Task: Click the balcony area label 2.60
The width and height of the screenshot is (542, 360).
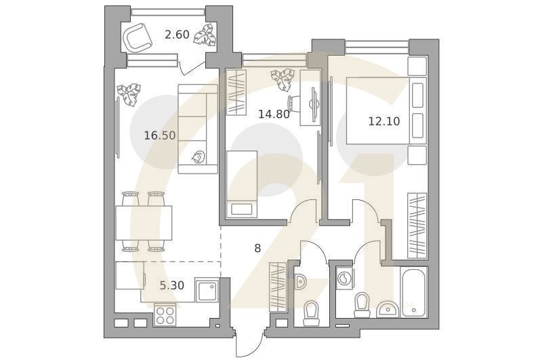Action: (177, 34)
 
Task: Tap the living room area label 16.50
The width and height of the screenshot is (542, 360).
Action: (159, 135)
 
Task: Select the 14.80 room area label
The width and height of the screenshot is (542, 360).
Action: (274, 114)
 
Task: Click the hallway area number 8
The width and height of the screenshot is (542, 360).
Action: (257, 248)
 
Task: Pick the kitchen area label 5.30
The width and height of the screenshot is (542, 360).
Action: (171, 285)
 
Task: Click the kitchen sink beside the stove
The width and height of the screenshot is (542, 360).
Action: (206, 292)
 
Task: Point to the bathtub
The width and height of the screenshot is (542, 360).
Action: (414, 292)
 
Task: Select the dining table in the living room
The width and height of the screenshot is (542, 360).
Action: (143, 222)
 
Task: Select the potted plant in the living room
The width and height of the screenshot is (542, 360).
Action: (129, 92)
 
